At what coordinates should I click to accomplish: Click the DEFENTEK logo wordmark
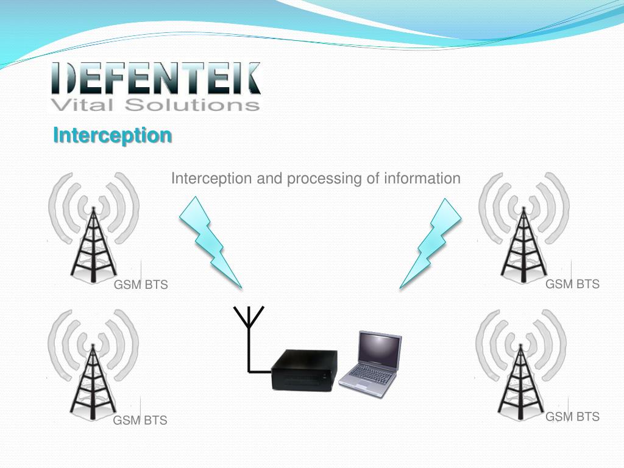click(x=155, y=78)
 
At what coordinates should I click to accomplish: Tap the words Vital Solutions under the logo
click(x=155, y=105)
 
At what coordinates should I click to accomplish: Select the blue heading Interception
click(x=112, y=135)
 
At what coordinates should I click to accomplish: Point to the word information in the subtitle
click(x=422, y=179)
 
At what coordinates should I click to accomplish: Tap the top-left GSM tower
click(x=93, y=244)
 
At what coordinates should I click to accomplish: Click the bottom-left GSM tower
click(x=93, y=378)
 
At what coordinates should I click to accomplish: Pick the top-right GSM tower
click(x=523, y=244)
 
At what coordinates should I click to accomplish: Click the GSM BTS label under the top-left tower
click(x=141, y=285)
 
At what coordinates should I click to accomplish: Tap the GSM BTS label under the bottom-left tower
click(x=140, y=420)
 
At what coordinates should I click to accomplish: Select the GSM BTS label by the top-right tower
click(x=572, y=284)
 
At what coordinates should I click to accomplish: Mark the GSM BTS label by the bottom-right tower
click(x=572, y=417)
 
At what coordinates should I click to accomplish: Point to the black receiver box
click(x=303, y=369)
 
